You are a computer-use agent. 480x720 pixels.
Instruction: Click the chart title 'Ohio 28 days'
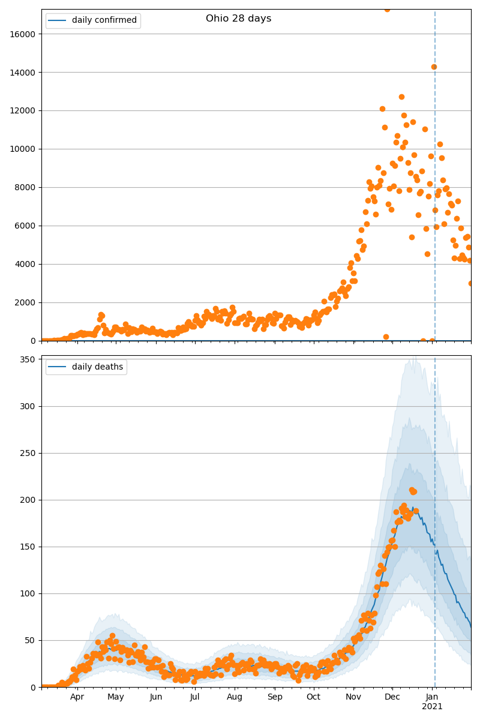pos(238,19)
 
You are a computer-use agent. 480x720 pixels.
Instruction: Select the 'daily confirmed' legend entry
pos(104,20)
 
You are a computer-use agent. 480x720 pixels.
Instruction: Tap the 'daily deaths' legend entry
pos(97,367)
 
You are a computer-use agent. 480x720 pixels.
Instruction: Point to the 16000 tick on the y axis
pos(22,34)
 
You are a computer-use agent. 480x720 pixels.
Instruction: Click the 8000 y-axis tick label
pos(25,187)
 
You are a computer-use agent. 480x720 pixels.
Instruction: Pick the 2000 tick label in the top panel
pos(25,302)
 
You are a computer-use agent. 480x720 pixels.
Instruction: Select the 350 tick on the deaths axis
pos(28,359)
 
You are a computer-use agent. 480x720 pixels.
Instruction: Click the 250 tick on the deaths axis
pos(28,453)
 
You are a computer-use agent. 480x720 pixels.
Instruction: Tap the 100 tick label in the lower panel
pos(28,593)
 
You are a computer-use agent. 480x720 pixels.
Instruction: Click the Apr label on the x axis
pos(77,697)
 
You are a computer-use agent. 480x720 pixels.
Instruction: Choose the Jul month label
pos(194,697)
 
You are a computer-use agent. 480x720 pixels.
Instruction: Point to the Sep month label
pos(275,697)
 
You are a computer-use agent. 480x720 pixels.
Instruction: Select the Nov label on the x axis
pos(353,697)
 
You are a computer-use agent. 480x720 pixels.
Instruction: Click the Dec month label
pos(392,697)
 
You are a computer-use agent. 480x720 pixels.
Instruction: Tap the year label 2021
pos(432,707)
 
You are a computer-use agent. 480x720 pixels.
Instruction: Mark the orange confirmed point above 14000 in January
pos(434,67)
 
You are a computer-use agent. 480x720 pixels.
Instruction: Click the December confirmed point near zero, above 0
pos(386,337)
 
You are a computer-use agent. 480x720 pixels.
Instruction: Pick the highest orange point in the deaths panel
pos(412,490)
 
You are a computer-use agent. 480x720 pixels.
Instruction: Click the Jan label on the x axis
pos(432,697)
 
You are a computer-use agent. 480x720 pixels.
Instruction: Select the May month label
pos(116,697)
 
